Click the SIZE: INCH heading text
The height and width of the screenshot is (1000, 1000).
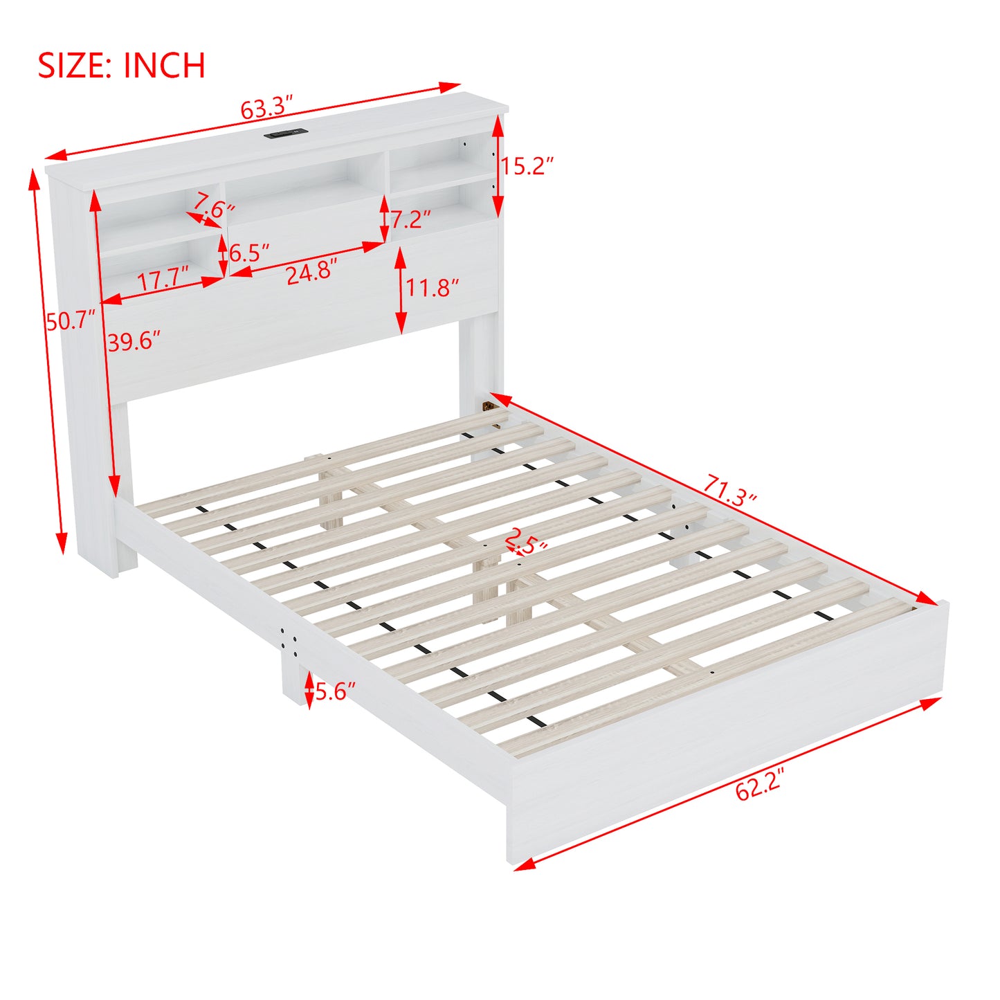click(121, 65)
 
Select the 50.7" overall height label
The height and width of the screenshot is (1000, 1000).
click(71, 320)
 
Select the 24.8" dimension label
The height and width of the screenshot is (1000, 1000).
click(312, 271)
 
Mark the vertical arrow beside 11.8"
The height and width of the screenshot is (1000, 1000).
click(400, 290)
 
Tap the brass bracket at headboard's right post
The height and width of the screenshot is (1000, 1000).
click(488, 406)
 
